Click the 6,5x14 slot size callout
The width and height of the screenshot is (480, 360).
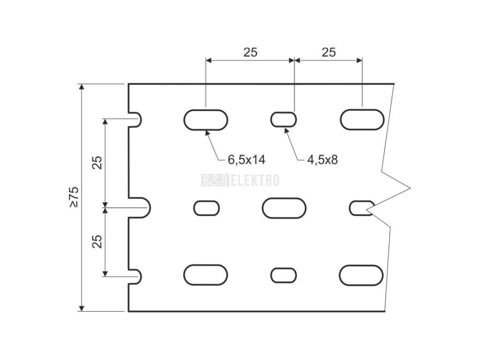[x=247, y=160]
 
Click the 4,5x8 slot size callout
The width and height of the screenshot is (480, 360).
[x=322, y=160]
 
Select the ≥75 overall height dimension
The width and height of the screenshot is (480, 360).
[x=74, y=197]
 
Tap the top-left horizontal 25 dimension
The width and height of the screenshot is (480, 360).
[x=250, y=52]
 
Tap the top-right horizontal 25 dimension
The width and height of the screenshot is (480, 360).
[x=329, y=52]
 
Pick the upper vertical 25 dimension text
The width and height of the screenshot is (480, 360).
[x=97, y=162]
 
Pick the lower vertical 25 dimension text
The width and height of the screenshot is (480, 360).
[x=97, y=241]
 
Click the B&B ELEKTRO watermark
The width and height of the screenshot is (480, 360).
[x=240, y=180]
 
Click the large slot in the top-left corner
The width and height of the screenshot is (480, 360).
[x=205, y=120]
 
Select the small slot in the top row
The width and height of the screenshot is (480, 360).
[x=284, y=120]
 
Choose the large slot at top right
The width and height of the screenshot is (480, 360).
[x=362, y=120]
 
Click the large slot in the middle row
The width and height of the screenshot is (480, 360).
[x=284, y=208]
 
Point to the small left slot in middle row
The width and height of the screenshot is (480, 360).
[x=206, y=208]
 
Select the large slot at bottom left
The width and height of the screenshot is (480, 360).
[x=205, y=275]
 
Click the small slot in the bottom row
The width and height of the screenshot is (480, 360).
[x=284, y=275]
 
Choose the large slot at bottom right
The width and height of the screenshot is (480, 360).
[x=361, y=275]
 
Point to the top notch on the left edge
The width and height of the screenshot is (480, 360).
[x=135, y=120]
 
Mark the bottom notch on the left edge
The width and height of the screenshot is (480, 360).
[x=135, y=277]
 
